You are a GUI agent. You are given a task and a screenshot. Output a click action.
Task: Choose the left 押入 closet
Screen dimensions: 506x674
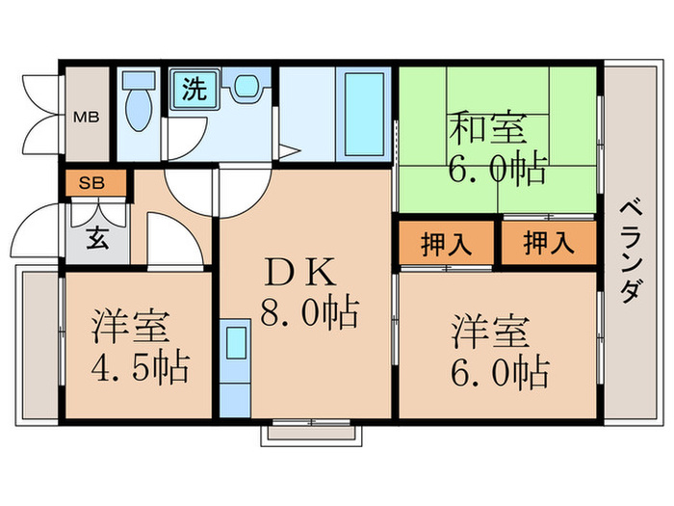click(x=446, y=244)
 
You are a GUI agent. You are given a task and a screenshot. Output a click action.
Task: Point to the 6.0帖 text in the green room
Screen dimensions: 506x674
click(x=497, y=171)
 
